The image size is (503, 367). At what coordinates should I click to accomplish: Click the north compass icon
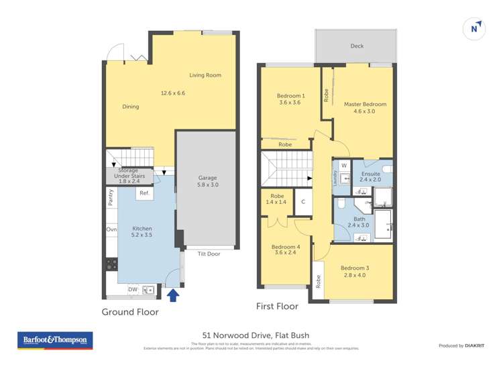475,28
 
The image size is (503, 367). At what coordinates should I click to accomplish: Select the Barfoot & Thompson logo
55,340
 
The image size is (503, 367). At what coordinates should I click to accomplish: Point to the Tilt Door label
209,254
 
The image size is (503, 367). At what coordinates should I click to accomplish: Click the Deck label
356,46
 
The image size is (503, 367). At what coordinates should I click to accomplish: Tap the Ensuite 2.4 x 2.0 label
370,176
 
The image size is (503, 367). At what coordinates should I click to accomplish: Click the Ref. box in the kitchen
144,194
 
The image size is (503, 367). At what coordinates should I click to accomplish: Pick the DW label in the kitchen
133,290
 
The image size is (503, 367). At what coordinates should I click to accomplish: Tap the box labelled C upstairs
303,202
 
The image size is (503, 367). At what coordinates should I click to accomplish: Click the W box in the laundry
343,165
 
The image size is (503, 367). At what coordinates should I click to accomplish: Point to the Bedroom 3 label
355,272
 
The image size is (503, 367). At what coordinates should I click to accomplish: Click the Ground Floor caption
130,312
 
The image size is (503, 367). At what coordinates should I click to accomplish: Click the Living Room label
205,75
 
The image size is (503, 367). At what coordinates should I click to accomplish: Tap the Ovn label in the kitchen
111,230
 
